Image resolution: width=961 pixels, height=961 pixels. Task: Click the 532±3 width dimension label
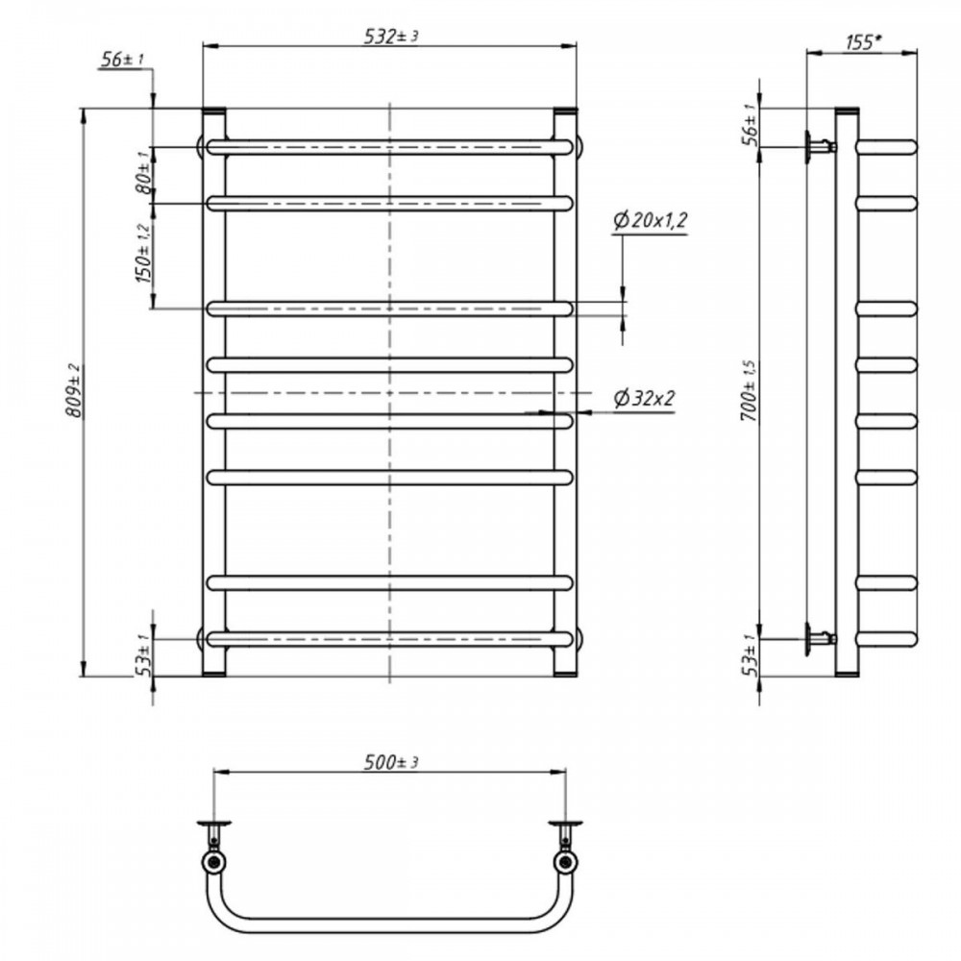click(391, 37)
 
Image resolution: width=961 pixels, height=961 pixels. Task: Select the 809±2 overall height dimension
click(74, 390)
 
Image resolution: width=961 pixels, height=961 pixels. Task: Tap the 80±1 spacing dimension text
click(143, 172)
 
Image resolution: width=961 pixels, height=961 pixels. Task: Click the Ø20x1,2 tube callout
click(650, 219)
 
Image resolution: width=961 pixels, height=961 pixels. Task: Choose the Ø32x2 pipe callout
click(644, 399)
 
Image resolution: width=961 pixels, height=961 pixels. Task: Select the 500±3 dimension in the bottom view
click(391, 762)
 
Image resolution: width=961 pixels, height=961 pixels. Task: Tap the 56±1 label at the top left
click(121, 59)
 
